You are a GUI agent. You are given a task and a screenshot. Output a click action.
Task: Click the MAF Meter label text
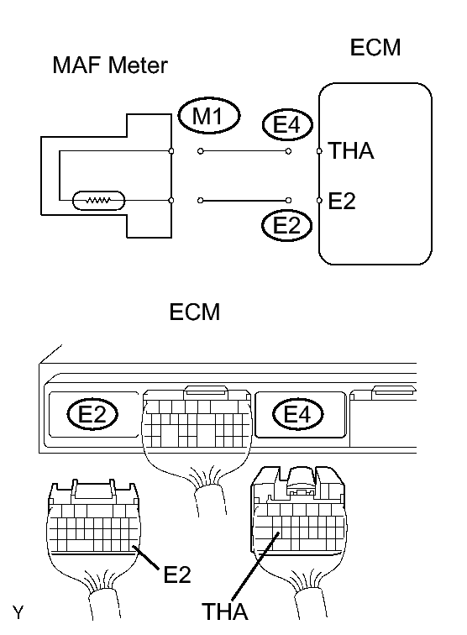111,65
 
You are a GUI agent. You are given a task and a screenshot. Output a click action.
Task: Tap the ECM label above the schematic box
375,48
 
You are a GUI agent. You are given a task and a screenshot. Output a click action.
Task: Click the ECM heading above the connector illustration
194,312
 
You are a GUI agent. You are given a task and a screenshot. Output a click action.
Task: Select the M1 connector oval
209,118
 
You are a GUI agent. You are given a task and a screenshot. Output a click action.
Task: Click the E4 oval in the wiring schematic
286,124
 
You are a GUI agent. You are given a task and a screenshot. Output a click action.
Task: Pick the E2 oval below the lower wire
286,225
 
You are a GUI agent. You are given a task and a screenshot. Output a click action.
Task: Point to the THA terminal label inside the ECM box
352,151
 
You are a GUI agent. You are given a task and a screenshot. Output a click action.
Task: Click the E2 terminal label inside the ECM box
342,202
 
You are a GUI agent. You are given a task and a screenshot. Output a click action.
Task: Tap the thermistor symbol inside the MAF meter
99,201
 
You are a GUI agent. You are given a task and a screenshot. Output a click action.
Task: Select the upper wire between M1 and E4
244,152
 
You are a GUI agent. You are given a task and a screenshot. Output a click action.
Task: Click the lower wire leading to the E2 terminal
244,201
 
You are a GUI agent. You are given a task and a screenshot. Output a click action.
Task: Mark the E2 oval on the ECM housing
93,413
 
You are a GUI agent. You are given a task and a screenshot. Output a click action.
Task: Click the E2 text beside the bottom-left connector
176,575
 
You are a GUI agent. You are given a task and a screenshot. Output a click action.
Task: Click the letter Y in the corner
17,606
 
